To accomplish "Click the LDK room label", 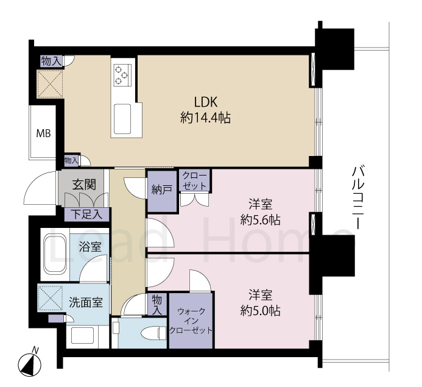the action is point(206,102).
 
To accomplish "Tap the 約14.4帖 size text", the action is point(205,118).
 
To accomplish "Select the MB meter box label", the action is point(44,133).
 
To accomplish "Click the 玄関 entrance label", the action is point(84,185).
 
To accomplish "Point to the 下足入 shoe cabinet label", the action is point(86,215).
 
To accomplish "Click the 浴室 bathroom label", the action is point(90,247).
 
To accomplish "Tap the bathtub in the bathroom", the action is point(55,254).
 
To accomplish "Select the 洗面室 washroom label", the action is point(86,302).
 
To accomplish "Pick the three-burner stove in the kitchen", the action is point(122,75).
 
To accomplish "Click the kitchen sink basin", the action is point(122,119).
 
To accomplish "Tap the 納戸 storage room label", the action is point(161,190).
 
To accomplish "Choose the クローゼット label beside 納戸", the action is point(195,181).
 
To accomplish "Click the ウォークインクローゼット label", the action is point(191,321).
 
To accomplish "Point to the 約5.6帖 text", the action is point(261,220).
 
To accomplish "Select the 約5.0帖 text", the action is point(261,311).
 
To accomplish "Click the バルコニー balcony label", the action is point(358,198).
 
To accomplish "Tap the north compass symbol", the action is point(30,364).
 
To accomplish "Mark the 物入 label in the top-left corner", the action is point(51,61).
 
